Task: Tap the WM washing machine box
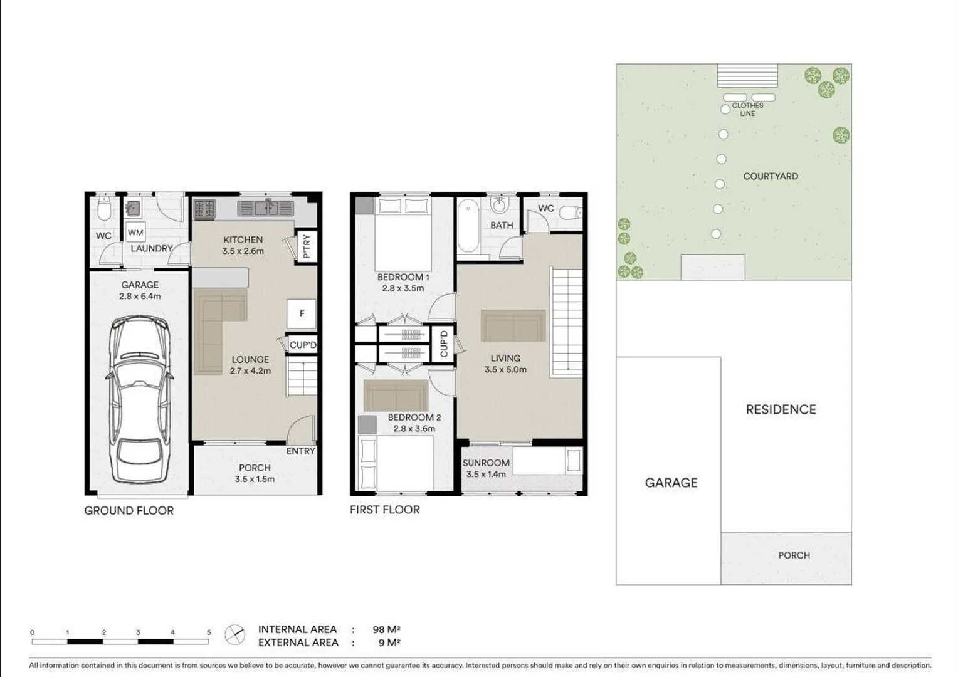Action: click(x=135, y=233)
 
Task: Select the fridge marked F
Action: click(x=302, y=313)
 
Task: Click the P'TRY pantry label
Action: click(x=307, y=246)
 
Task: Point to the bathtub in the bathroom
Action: click(x=468, y=226)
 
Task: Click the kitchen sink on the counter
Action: click(x=266, y=207)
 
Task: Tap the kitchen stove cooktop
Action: click(x=204, y=209)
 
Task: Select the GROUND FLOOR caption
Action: click(x=129, y=511)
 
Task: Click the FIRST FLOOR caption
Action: click(x=384, y=510)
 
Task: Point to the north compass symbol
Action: click(x=235, y=635)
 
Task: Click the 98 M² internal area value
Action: click(x=386, y=629)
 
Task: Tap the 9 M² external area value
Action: click(x=389, y=643)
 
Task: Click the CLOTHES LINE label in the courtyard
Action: click(x=747, y=110)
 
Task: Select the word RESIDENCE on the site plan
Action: click(x=781, y=410)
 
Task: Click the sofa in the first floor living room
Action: click(x=513, y=326)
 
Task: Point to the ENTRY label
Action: click(x=300, y=451)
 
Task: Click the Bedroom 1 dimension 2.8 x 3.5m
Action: click(x=403, y=288)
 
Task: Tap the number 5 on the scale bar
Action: click(x=209, y=632)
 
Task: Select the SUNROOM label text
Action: click(x=486, y=463)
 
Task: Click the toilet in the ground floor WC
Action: click(x=104, y=208)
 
